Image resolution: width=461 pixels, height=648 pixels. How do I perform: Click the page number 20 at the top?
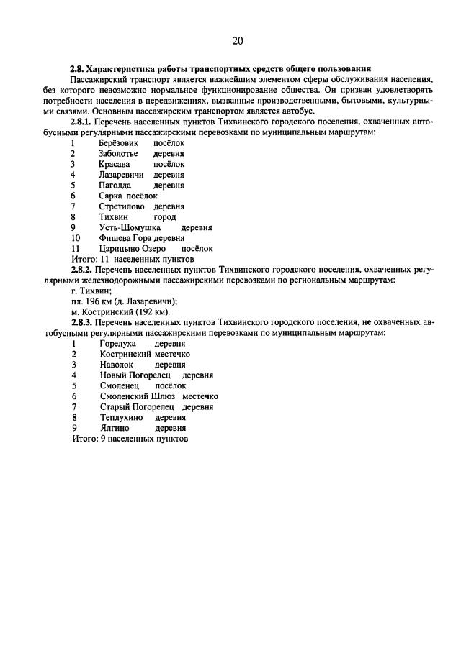click(238, 41)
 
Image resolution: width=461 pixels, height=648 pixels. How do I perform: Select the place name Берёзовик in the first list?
click(119, 144)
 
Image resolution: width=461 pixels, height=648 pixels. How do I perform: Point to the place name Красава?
click(115, 164)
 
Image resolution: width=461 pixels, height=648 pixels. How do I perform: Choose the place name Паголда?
click(116, 185)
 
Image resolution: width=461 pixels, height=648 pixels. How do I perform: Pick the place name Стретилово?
click(122, 206)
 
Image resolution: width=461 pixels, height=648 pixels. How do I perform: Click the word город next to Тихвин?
click(165, 216)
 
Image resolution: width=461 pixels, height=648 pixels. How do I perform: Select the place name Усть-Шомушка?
click(129, 227)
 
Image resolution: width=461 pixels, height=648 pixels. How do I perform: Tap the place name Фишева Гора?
click(126, 237)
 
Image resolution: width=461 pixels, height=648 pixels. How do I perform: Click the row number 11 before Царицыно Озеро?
click(75, 247)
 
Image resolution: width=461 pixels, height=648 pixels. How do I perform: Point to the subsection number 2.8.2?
click(85, 268)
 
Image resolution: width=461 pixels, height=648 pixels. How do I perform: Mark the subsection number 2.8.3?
click(85, 321)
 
